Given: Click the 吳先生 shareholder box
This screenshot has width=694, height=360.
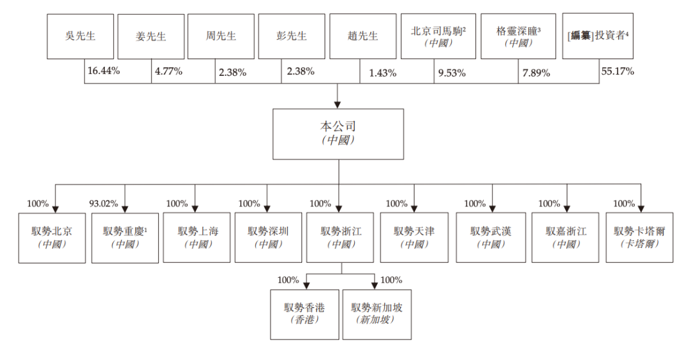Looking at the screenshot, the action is point(80,36).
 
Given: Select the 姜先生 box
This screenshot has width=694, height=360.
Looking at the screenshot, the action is point(151,36).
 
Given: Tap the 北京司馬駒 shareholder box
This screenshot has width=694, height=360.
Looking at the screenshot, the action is point(438,36).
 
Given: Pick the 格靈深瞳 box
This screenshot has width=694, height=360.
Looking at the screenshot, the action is point(519,36).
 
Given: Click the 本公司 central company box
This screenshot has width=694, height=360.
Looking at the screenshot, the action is point(338,134).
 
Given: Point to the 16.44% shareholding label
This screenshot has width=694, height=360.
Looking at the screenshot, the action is point(103,71).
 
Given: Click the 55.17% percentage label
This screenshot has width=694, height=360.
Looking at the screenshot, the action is point(618,71).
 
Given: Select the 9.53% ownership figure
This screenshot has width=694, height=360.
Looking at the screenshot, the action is point(452,73).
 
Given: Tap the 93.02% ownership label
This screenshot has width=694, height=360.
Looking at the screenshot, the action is point(103,204).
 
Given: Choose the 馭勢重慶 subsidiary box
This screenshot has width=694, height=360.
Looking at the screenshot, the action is point(125,238).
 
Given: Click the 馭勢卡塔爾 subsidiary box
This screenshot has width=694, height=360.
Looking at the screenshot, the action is point(639,237).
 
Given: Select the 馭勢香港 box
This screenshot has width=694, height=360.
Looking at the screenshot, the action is point(305,314).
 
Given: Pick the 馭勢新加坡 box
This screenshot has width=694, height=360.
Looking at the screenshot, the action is point(377,314).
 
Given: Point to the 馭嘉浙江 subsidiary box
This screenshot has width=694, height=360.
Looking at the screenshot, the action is point(565,237).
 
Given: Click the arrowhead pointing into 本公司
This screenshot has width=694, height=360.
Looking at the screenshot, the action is point(337,105).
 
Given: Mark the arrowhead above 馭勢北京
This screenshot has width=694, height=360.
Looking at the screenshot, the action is point(55,209).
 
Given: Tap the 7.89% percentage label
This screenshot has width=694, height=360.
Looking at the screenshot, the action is point(536,73).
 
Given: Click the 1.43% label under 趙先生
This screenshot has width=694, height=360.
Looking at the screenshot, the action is point(383,73).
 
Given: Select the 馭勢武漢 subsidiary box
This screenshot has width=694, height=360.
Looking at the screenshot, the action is point(491,237).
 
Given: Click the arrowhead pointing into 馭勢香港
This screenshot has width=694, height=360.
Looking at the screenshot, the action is point(307,286).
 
